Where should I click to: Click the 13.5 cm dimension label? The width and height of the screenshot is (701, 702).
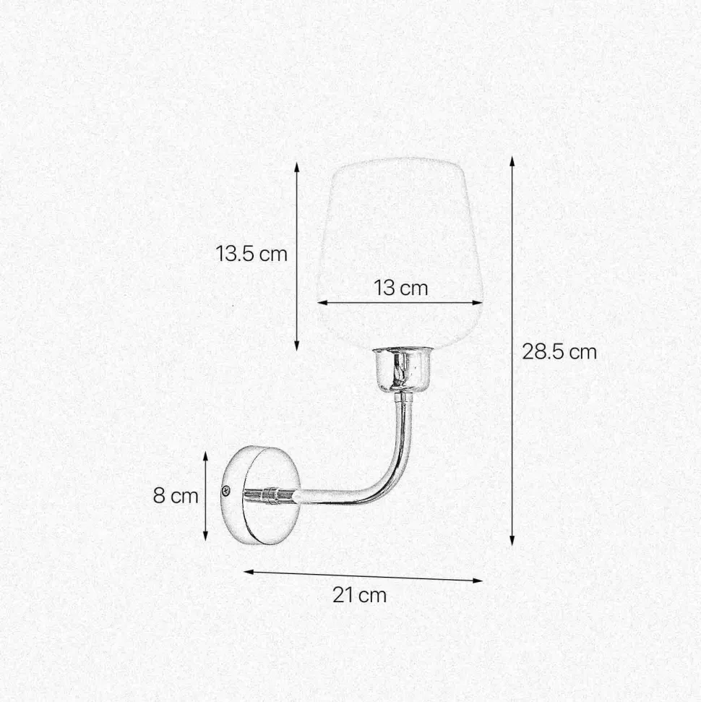(251, 254)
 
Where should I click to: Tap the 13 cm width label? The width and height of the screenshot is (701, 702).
(401, 288)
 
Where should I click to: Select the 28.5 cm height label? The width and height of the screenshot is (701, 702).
(559, 352)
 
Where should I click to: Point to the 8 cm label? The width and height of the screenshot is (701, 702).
(175, 496)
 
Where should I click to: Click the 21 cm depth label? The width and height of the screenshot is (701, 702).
(359, 595)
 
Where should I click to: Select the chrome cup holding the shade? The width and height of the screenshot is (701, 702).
(399, 369)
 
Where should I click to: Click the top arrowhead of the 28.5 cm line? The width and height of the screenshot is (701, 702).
(512, 160)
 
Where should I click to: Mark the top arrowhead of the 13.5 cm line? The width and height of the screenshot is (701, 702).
(296, 166)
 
